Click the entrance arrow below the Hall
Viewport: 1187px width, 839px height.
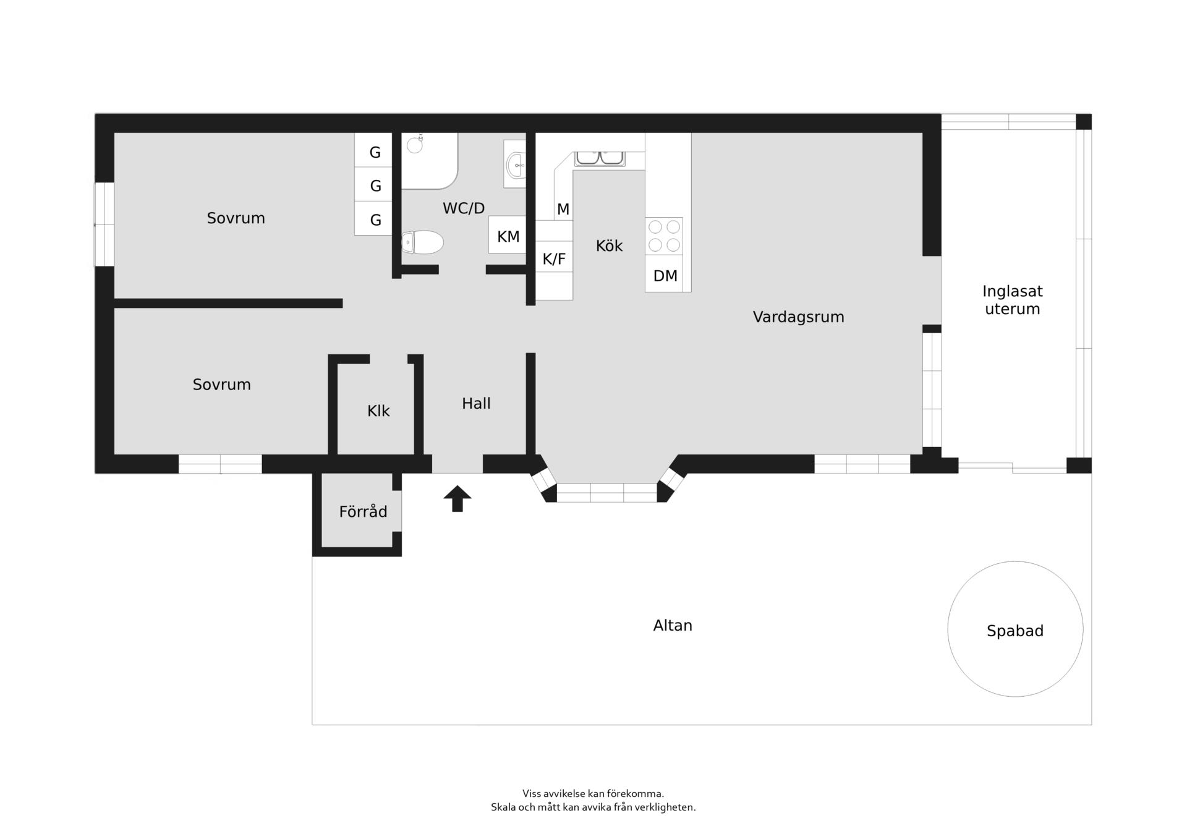tap(457, 498)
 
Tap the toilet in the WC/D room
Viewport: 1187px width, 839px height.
tap(423, 242)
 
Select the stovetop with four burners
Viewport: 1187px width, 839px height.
tap(664, 236)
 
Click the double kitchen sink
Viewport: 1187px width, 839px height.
tap(600, 159)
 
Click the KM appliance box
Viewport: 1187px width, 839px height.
tap(508, 234)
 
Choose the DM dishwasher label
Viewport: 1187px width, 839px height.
tap(665, 276)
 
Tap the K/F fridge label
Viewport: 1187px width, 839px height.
tap(554, 259)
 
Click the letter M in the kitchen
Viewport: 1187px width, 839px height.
tap(563, 210)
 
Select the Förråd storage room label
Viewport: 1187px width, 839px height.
tap(363, 512)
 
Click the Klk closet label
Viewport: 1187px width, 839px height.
tap(378, 411)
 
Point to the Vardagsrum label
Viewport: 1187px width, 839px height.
tap(798, 317)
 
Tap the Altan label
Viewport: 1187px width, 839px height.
tap(673, 626)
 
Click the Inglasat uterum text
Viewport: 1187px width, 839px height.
tap(1013, 300)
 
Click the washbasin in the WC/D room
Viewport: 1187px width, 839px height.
tap(515, 164)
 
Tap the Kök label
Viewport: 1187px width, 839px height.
tap(609, 246)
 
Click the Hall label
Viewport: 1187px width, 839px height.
tap(476, 404)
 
